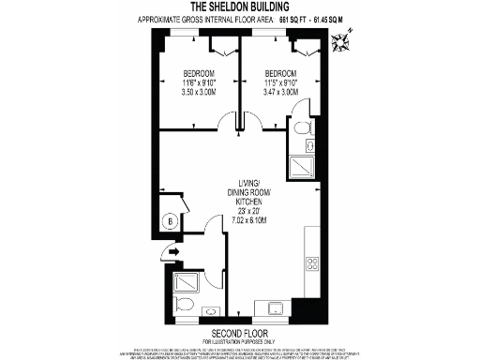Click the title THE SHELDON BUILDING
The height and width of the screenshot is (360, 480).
(x=239, y=7)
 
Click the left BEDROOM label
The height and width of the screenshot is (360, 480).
(x=198, y=74)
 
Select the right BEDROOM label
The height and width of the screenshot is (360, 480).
(x=280, y=74)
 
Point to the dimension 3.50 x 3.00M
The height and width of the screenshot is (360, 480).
(x=198, y=93)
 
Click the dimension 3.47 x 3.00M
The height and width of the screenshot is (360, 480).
(x=280, y=93)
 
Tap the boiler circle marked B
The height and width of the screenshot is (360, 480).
(x=171, y=220)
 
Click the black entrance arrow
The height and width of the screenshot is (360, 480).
(x=169, y=250)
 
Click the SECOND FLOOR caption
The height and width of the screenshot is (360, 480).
(x=239, y=334)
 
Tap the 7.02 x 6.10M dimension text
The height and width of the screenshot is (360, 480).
(x=248, y=220)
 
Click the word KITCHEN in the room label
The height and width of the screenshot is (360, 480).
(x=248, y=202)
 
